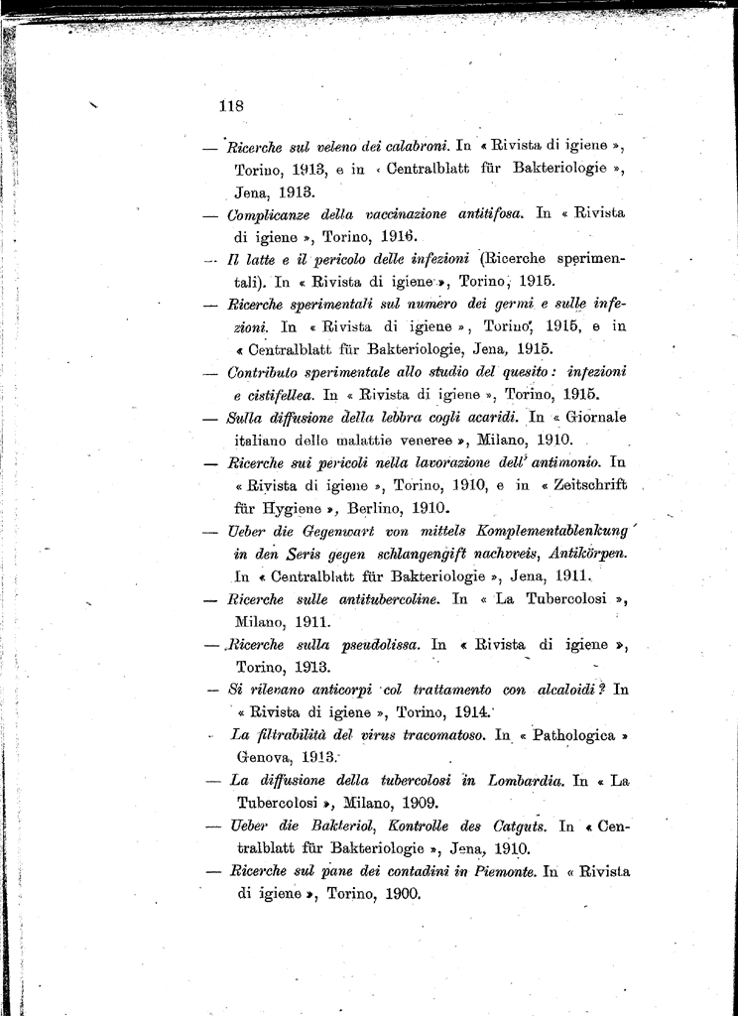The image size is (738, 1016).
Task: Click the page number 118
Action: click(230, 104)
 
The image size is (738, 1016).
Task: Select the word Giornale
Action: click(593, 417)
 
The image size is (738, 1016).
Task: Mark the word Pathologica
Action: click(572, 735)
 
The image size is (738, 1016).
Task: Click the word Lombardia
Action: click(526, 781)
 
